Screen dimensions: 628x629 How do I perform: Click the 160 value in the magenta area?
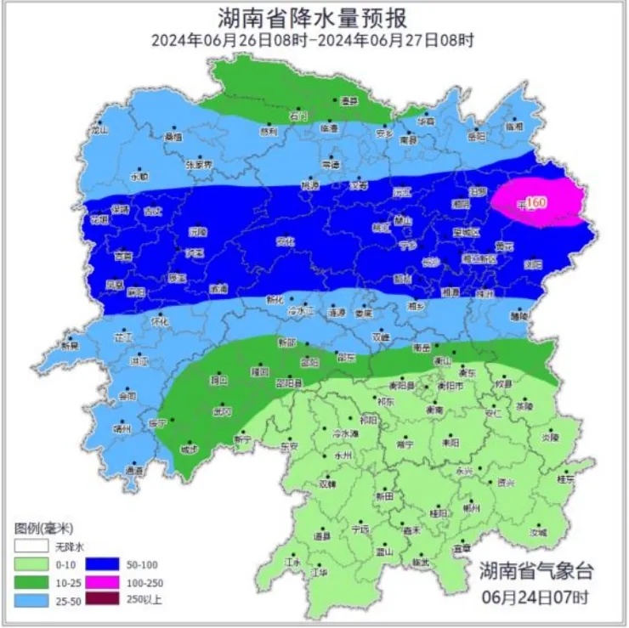[535, 202]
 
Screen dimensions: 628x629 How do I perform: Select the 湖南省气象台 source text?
[535, 569]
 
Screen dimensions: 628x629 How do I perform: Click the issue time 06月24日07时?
[535, 593]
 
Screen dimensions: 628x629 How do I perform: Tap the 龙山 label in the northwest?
[99, 132]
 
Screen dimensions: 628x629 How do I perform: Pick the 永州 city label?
[343, 455]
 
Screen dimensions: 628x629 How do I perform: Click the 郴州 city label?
[472, 508]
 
